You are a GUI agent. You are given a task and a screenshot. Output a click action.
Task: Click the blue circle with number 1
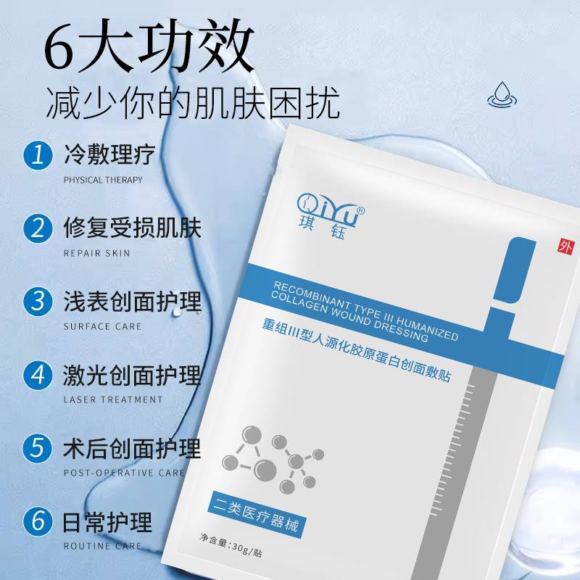coord(38,155)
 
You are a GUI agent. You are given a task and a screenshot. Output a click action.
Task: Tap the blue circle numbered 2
coord(38,228)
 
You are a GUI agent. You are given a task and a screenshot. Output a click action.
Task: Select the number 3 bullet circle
coord(38,302)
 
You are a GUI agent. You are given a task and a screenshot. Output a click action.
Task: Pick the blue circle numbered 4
coord(38,375)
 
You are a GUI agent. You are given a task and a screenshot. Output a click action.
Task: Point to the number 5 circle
coord(38,448)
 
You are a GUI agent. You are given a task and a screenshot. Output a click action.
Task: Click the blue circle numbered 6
coord(38,521)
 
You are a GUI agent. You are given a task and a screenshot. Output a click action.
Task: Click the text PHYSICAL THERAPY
coord(103,180)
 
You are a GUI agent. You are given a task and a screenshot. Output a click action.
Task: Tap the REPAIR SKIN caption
coord(97,253)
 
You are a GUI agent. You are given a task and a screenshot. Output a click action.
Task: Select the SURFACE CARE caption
coord(102,327)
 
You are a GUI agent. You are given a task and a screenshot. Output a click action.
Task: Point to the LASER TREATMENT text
coord(113,400)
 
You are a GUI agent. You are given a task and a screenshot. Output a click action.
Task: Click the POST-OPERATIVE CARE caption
coord(124,473)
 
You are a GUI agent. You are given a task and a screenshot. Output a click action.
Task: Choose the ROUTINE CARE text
coord(102,547)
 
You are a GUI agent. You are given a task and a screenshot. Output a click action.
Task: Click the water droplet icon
coord(502,95)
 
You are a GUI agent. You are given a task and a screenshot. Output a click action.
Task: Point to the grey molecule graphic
coord(273,460)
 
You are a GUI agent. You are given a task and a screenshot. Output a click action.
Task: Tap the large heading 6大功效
coord(149,45)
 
